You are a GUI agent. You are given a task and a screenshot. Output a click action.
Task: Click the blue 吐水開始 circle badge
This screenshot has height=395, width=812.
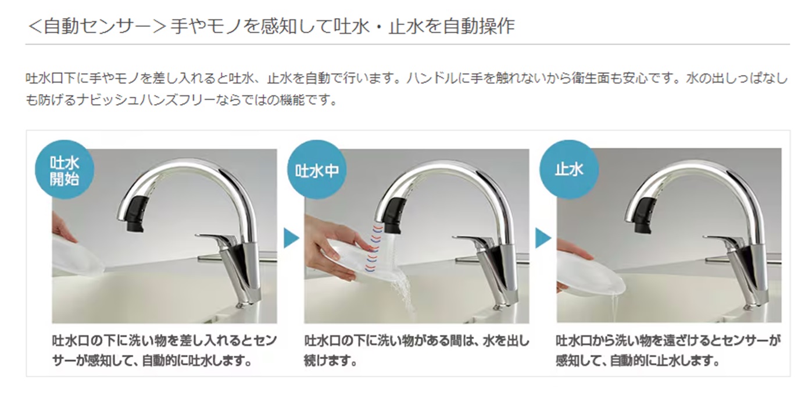point(65,170)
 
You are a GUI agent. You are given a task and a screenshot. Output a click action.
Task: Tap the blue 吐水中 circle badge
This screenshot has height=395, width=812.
point(317,170)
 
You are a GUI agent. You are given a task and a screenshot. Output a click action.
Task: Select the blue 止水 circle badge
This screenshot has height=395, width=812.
point(569,170)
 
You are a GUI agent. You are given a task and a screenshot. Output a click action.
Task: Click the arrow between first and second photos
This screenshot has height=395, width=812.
point(291,238)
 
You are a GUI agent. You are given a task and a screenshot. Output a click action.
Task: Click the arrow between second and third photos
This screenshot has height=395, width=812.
point(542,238)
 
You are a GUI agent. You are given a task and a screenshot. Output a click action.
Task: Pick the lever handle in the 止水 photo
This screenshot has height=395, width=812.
point(721,239)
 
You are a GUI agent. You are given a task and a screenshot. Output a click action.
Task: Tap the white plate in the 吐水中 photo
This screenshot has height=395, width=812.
point(349,259)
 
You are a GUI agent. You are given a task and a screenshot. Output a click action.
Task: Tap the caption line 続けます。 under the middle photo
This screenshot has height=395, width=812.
point(330,361)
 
